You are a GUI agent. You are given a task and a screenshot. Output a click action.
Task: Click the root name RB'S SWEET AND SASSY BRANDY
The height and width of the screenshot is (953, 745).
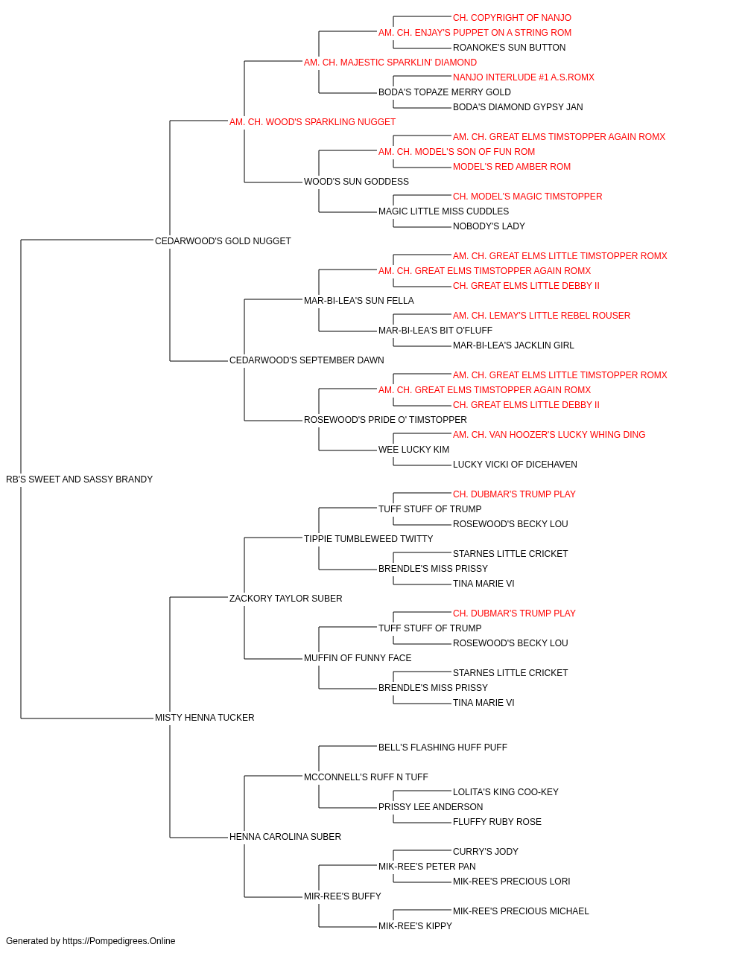80,479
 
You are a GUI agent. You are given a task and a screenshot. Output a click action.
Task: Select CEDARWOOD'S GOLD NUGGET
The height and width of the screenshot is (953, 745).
223,241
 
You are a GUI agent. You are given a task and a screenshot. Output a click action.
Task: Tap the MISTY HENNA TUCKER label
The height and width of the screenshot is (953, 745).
204,718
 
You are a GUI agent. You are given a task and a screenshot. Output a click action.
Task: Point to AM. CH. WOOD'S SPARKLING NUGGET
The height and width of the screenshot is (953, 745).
312,122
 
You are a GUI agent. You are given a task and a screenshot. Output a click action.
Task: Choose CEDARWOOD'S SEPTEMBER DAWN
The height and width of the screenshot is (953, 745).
307,360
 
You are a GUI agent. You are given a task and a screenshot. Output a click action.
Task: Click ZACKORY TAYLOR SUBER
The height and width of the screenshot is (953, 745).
285,598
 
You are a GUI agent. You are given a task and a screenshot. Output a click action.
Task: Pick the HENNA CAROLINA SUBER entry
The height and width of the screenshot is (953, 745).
285,836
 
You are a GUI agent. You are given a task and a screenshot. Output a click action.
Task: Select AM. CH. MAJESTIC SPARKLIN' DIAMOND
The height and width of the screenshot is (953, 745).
390,63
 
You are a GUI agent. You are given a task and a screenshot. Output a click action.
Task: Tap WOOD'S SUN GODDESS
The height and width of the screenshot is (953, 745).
356,182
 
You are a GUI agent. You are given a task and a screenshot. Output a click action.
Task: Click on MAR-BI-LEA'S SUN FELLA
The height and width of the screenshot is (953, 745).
359,300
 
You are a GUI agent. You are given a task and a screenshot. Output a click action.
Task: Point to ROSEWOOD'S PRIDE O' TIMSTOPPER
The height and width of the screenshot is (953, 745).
385,420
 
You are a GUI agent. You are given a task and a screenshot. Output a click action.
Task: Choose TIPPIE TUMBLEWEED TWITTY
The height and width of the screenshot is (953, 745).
369,538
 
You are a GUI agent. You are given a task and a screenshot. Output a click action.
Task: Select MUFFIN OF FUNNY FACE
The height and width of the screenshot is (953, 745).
358,658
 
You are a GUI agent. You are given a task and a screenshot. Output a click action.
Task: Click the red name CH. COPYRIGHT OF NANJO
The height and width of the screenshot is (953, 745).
512,18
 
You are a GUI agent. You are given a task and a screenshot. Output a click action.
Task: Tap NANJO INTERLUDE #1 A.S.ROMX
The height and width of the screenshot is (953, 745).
524,77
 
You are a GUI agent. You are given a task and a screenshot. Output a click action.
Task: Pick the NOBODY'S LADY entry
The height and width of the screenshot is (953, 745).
489,226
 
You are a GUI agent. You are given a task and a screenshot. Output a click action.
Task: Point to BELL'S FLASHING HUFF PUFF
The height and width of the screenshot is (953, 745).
443,748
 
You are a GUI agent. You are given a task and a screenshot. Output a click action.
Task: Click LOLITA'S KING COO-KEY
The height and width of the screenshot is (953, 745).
505,792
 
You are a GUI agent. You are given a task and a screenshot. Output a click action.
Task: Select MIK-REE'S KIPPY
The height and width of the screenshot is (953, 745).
415,925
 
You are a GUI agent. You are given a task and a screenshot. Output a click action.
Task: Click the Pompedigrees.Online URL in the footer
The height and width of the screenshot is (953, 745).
119,941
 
